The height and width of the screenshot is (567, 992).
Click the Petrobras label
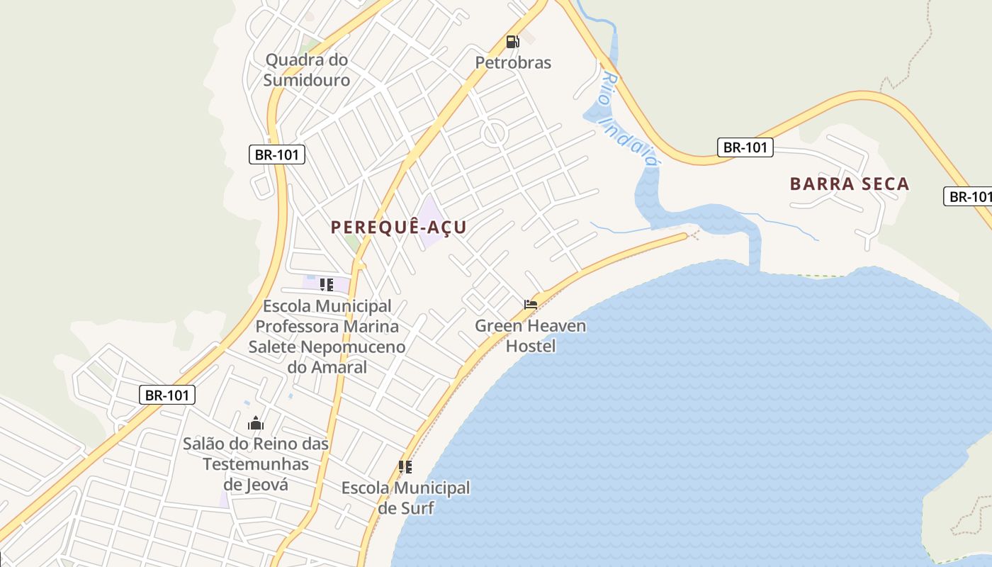click(513, 63)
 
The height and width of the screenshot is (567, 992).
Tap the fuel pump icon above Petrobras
click(512, 42)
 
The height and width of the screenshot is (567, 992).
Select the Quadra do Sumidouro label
click(307, 69)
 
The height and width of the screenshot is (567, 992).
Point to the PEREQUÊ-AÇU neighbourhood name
click(399, 228)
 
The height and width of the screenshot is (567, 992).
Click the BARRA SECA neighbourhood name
click(850, 184)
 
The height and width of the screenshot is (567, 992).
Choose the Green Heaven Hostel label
click(531, 336)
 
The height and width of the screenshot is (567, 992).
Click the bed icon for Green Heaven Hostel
click(531, 305)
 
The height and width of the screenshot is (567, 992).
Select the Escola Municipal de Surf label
click(405, 498)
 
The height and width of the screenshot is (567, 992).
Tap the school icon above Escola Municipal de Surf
click(405, 466)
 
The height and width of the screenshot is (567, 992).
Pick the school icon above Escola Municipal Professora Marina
click(327, 285)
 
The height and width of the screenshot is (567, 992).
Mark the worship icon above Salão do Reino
click(256, 424)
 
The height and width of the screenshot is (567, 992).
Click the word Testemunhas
click(256, 464)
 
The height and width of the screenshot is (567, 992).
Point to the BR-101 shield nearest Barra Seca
click(745, 147)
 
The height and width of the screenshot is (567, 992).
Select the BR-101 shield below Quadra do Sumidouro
click(277, 155)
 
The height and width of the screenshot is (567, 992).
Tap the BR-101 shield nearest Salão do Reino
click(167, 395)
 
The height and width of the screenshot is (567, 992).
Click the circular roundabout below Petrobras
click(494, 133)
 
